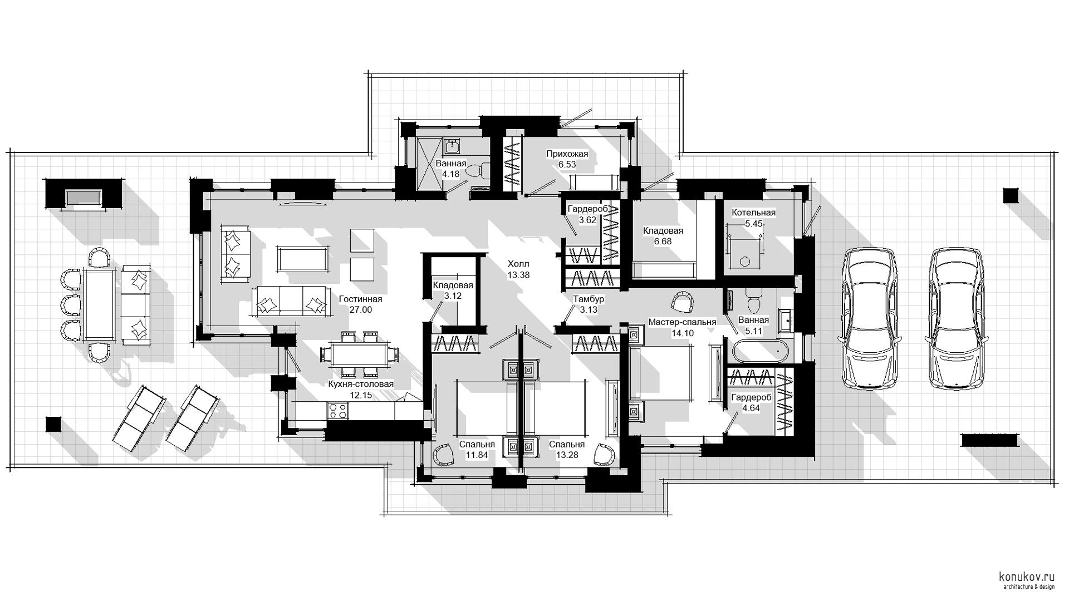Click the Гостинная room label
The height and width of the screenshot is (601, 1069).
360,299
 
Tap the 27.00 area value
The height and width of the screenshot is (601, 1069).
360,310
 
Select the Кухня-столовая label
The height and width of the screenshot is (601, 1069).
360,385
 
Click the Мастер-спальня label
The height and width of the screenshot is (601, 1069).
682,322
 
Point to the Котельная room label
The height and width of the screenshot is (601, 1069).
753,213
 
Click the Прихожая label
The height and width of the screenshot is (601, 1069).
567,154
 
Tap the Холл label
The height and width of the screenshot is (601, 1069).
518,264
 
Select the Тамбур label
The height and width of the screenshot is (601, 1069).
589,299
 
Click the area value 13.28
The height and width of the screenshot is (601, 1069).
567,455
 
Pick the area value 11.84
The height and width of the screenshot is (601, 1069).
477,455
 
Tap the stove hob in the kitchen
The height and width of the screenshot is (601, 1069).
338,410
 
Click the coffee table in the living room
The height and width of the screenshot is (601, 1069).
302,259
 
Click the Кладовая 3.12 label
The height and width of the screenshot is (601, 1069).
453,290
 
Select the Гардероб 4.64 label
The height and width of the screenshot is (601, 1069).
751,403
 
